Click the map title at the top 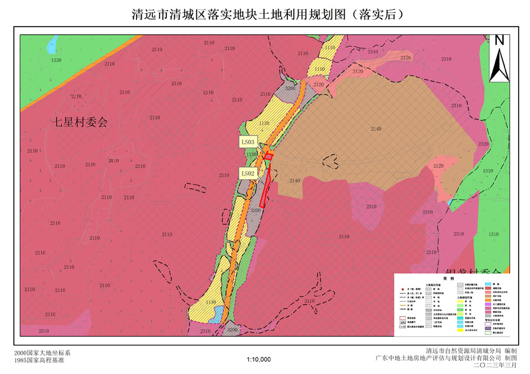(264, 14)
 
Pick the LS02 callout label (248, 173)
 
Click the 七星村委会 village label (79, 122)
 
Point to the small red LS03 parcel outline (268, 155)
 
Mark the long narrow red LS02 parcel (266, 187)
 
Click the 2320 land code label (484, 144)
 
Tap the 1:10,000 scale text (259, 360)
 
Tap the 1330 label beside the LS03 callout (252, 154)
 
